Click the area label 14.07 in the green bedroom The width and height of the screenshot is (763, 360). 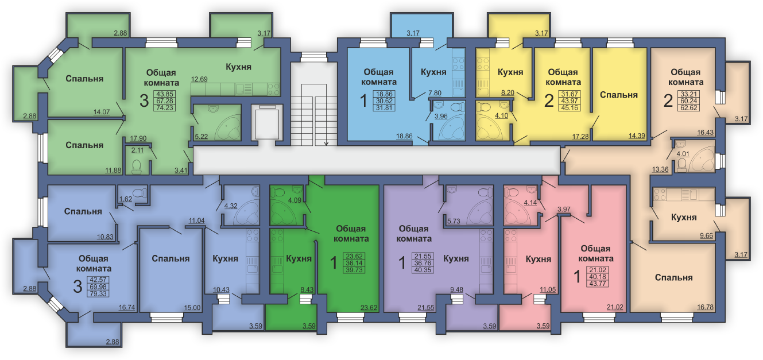(102, 112)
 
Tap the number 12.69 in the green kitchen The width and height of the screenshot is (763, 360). (199, 79)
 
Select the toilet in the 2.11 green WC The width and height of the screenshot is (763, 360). (137, 167)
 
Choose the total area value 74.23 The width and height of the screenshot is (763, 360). (164, 107)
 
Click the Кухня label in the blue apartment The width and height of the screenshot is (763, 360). (433, 72)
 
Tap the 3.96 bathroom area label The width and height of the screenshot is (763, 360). (441, 116)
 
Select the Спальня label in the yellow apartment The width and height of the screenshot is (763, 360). (618, 95)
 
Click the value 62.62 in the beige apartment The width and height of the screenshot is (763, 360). (689, 107)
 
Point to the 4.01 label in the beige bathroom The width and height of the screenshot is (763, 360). (683, 154)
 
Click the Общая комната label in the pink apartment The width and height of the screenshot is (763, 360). (595, 253)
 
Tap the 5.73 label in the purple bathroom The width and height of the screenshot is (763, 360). (454, 221)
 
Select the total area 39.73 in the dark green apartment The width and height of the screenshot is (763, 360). (355, 270)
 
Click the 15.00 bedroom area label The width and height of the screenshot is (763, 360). (192, 308)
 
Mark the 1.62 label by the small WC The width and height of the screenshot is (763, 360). (126, 199)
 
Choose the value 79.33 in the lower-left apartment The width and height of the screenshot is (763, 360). (98, 293)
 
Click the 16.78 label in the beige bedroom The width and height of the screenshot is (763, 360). (705, 307)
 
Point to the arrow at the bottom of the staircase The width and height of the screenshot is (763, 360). (326, 143)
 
